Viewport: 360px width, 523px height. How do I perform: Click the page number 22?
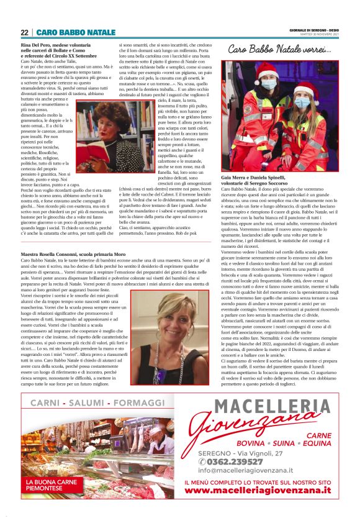[x=24, y=33]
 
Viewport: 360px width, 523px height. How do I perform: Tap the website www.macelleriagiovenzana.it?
[x=262, y=491]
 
